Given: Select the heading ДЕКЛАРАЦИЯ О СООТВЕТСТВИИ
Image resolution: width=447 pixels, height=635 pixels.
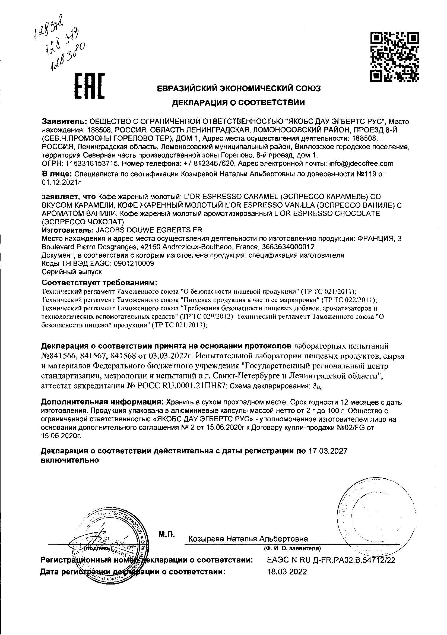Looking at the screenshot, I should pyautogui.click(x=239, y=103).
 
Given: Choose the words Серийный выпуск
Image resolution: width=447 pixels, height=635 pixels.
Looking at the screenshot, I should pyautogui.click(x=72, y=272).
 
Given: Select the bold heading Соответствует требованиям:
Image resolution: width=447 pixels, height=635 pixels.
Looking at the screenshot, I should pyautogui.click(x=99, y=283).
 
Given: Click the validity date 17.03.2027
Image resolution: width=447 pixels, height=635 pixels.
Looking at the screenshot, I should pyautogui.click(x=328, y=451).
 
